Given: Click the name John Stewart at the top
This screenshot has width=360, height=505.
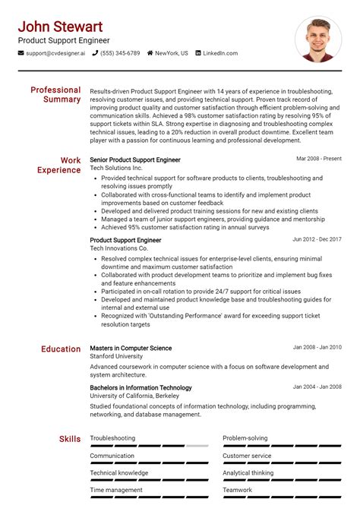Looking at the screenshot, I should (x=61, y=27).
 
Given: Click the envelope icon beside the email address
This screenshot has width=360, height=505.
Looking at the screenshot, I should (x=21, y=54).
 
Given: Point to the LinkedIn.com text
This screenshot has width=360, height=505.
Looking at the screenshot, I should (x=220, y=54).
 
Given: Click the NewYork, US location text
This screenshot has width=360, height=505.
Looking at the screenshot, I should (x=172, y=54).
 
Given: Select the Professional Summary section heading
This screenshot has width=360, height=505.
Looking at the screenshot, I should (x=55, y=94).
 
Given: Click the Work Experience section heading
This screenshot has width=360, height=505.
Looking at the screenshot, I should (x=59, y=165).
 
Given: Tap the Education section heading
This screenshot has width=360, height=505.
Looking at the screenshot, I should (x=61, y=349).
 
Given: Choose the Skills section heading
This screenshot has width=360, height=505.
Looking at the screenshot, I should (x=70, y=439).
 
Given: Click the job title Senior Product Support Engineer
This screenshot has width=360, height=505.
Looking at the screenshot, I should (x=135, y=160).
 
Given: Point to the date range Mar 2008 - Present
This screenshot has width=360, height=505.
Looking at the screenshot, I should (x=319, y=159).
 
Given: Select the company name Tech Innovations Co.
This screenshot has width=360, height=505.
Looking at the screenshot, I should (x=119, y=248).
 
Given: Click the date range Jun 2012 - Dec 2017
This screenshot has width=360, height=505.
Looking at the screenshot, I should (x=317, y=239).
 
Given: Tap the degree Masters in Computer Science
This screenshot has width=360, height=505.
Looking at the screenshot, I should (x=131, y=349).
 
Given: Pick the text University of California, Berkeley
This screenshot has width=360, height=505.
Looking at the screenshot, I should (x=135, y=396).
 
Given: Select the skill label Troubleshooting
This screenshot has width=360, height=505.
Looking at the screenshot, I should (x=112, y=438).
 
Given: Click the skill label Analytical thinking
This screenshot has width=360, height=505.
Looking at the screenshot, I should (x=248, y=473).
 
